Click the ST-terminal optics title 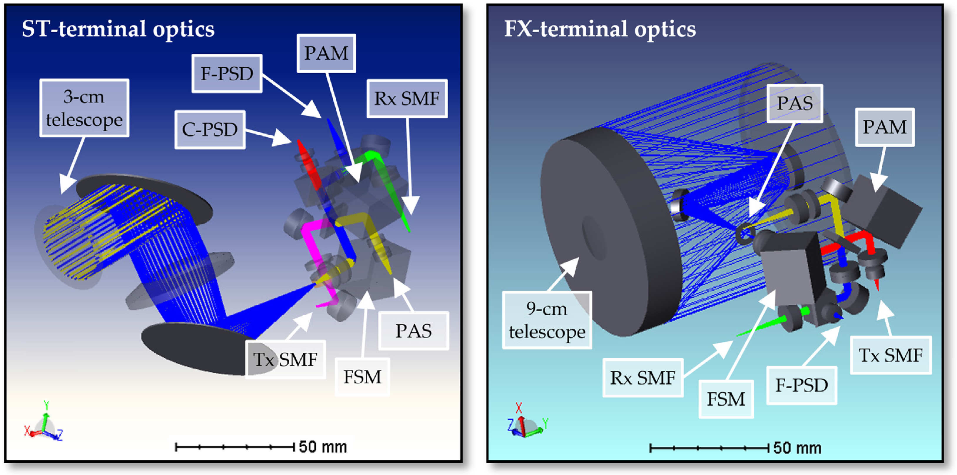coord(118,29)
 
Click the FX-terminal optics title coord(600,29)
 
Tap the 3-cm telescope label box coord(84,108)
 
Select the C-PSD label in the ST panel coord(210,129)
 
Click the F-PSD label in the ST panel coord(227,73)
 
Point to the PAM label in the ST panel coord(326,53)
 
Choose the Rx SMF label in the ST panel coord(407,99)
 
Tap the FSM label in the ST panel coord(362,377)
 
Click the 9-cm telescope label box coord(547,320)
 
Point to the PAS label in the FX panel coord(795,103)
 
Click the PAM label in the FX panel coord(885,127)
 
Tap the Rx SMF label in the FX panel coord(643,378)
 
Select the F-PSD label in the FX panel coord(801,385)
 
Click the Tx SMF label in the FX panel coord(891,355)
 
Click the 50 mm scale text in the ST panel coord(323,447)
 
